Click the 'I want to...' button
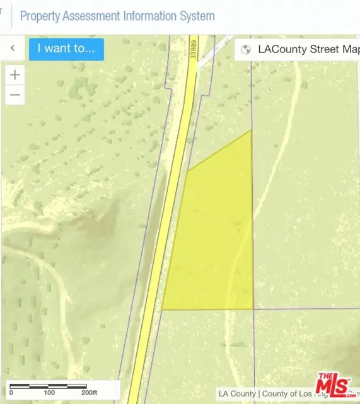click(66, 48)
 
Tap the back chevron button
click(13, 48)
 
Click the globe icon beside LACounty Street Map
click(247, 49)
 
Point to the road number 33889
click(194, 49)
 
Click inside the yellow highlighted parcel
click(214, 240)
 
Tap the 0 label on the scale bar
click(11, 393)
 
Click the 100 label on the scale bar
click(49, 393)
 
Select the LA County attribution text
click(238, 394)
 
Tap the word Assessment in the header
click(98, 16)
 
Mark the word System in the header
click(199, 16)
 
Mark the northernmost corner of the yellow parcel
click(252, 130)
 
